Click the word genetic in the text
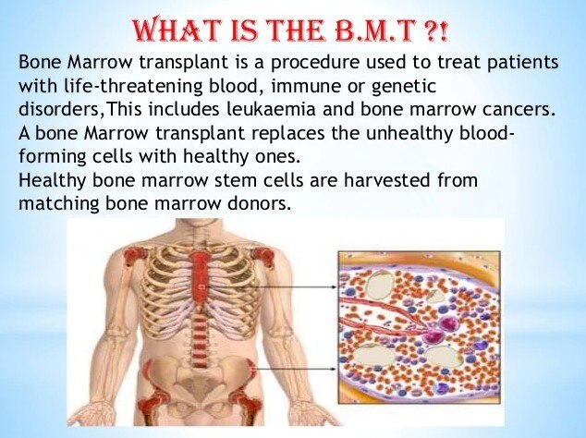pos(404,87)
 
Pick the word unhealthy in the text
pos(409,133)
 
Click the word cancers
pos(517,110)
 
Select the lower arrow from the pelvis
pos(297,369)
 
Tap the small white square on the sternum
pos(201,287)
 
